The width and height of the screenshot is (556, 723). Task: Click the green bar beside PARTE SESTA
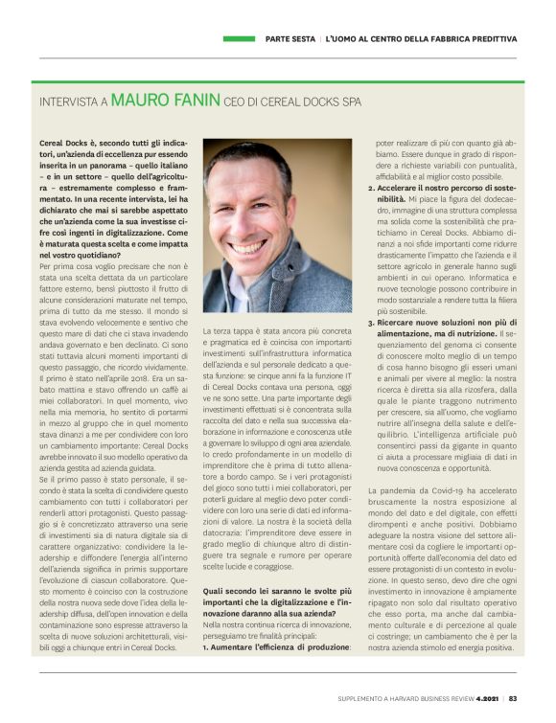point(240,38)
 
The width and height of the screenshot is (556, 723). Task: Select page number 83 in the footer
point(514,698)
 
